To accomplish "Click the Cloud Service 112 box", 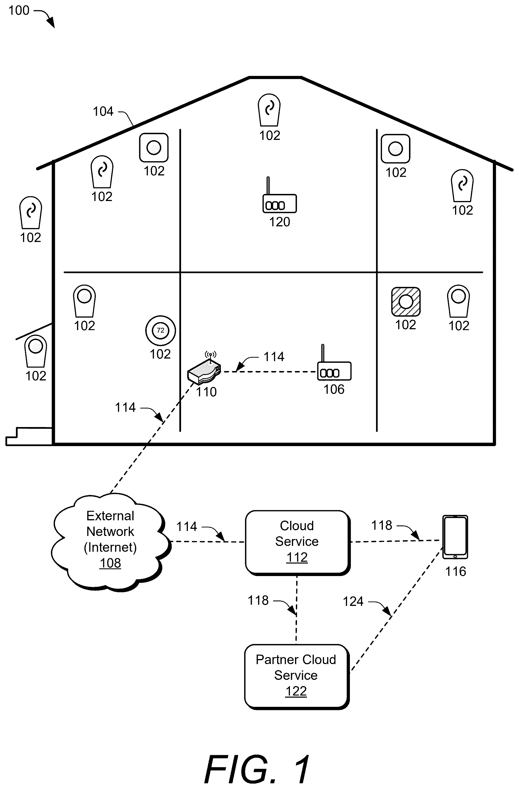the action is [297, 542].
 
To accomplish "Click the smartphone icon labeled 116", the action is [455, 537].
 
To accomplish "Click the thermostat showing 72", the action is [160, 330].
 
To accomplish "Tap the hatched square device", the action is [406, 302].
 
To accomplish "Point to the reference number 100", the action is [19, 11].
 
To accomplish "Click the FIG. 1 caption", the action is [257, 769].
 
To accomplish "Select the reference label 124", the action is [353, 601].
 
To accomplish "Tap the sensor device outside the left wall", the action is [30, 212].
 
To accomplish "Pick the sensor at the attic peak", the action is [269, 110].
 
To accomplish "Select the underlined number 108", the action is [110, 563].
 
